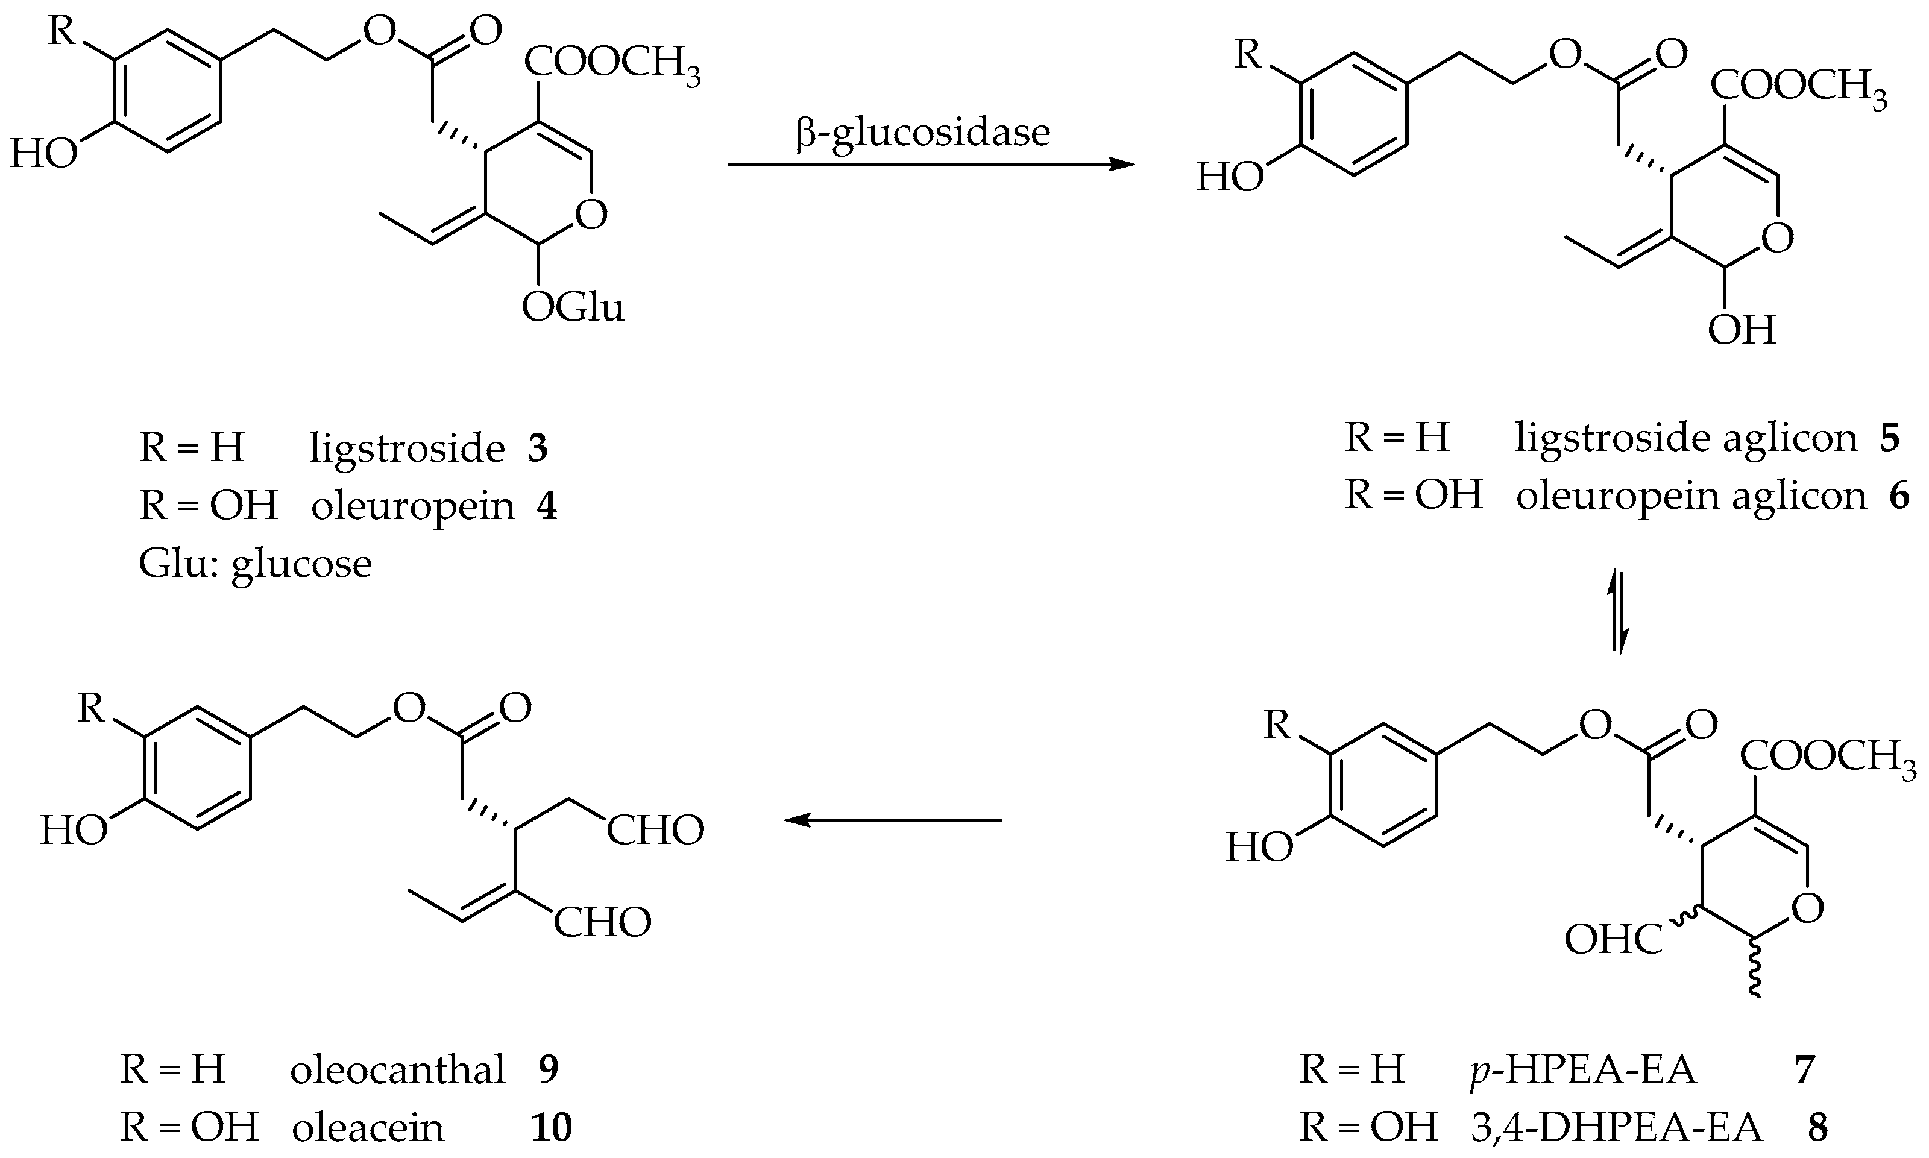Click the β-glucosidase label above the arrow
click(x=922, y=132)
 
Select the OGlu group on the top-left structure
click(x=573, y=308)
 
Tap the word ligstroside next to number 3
click(x=406, y=448)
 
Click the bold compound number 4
click(x=546, y=506)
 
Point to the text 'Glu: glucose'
click(x=255, y=564)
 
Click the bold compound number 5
click(x=1889, y=438)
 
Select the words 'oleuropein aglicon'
click(x=1690, y=496)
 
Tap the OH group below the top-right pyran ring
click(x=1741, y=331)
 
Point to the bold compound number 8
click(x=1817, y=1127)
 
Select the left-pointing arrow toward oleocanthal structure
click(x=893, y=820)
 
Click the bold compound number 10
click(x=551, y=1127)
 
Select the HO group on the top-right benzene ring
click(x=1230, y=178)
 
